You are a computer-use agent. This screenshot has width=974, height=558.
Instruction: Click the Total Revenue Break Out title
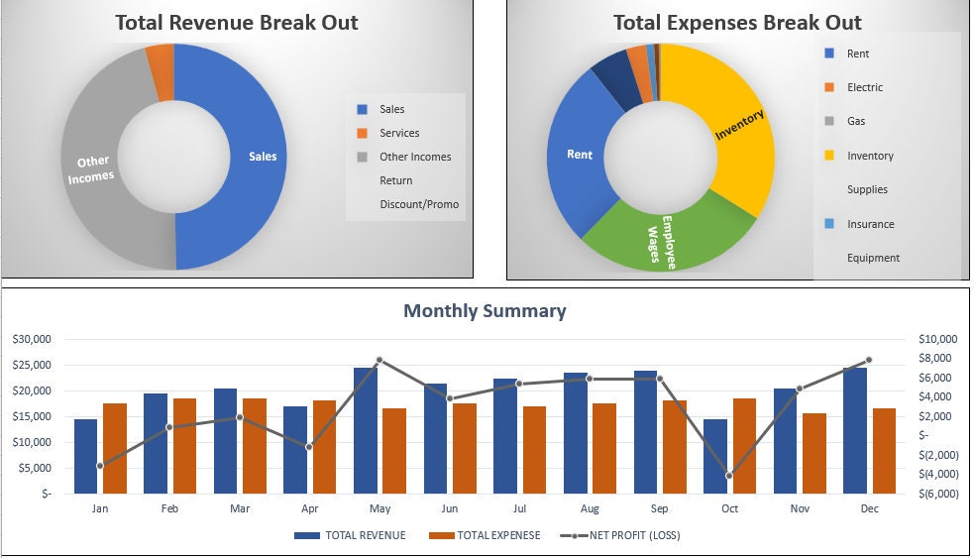237,22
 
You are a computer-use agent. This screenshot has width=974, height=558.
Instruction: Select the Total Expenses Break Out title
737,22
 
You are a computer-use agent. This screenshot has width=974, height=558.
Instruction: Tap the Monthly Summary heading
485,311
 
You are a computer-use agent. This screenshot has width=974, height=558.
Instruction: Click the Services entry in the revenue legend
398,133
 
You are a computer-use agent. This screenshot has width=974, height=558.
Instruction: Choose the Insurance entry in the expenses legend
870,224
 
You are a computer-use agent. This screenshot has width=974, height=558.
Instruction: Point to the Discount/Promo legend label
419,204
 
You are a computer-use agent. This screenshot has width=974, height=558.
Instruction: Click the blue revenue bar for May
366,430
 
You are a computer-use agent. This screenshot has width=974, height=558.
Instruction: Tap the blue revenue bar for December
855,430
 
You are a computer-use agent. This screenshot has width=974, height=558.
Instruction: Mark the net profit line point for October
729,476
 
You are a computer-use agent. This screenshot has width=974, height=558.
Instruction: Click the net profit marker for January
100,465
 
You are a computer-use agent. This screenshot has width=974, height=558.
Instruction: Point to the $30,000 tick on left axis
32,339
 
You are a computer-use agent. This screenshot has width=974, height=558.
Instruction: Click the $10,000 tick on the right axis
941,339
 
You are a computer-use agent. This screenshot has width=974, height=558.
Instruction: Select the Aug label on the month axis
590,508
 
